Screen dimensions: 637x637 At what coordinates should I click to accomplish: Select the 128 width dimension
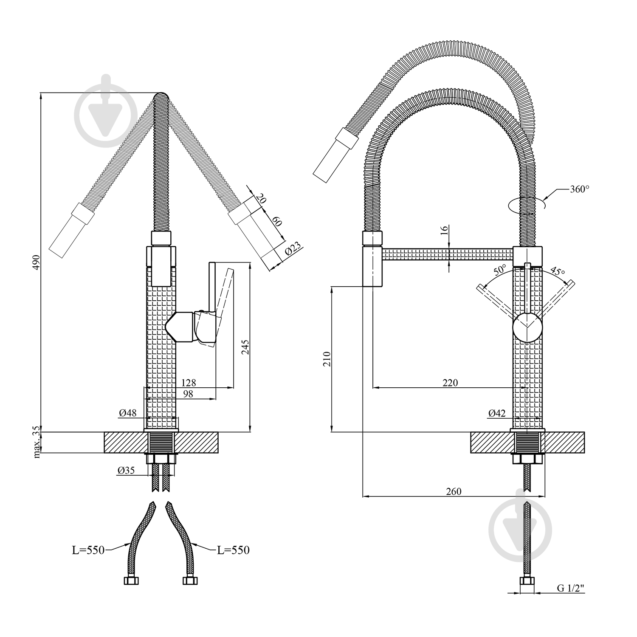click(x=188, y=383)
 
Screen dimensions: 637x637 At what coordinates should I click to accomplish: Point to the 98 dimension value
click(x=188, y=394)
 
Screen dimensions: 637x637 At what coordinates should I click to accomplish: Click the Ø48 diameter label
click(x=128, y=412)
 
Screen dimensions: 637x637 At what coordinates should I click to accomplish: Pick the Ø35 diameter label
click(x=126, y=470)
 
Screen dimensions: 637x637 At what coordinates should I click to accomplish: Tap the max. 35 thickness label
click(x=37, y=442)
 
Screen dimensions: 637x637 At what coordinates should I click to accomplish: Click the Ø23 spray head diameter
click(x=293, y=249)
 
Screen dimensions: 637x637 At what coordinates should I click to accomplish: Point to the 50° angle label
click(x=500, y=270)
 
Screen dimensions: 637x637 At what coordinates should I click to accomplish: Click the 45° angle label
click(x=558, y=271)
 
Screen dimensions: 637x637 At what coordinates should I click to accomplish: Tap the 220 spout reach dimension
click(x=450, y=383)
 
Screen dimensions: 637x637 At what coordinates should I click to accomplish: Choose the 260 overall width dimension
click(x=454, y=491)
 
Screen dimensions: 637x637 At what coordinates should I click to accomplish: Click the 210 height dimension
click(x=326, y=359)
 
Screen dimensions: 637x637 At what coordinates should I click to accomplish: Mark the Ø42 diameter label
click(x=497, y=412)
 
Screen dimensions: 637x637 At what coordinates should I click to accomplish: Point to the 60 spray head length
click(x=276, y=222)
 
